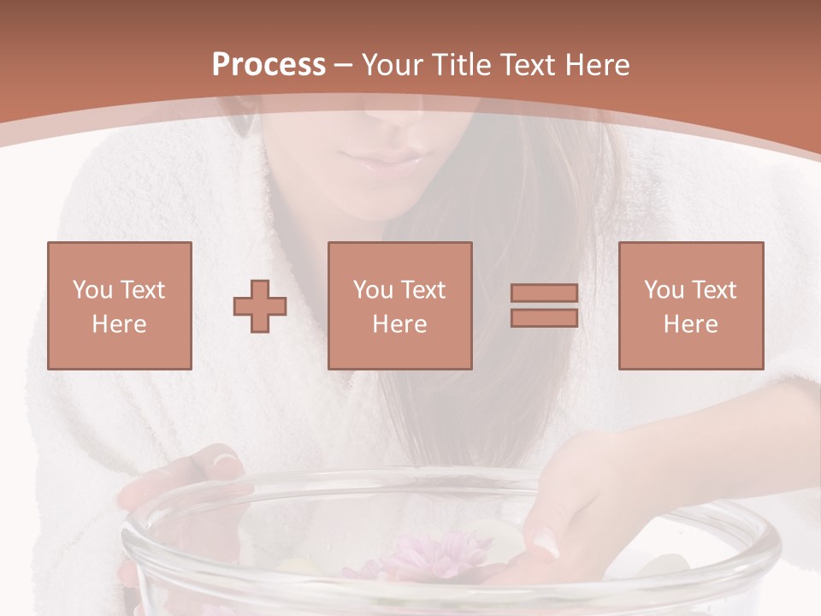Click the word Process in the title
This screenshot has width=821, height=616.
pos(269,65)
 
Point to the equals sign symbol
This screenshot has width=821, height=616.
pos(544,305)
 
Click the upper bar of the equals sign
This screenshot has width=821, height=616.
pos(544,293)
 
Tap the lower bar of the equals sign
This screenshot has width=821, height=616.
pos(544,317)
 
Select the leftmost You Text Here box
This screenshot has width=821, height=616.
pos(120,305)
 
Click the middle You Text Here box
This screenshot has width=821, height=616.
pos(400,305)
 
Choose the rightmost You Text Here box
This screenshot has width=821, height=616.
pos(691,305)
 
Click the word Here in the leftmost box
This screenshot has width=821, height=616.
pos(120,324)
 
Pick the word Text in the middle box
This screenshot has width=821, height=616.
pos(422,290)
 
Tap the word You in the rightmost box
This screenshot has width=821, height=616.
pos(663,290)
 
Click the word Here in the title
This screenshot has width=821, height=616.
pos(596,65)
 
